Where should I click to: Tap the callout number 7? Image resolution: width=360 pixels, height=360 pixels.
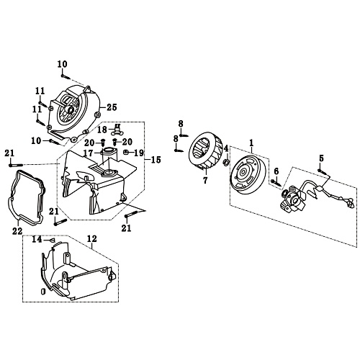tap(204, 180)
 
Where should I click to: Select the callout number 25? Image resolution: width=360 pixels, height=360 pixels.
tap(112, 107)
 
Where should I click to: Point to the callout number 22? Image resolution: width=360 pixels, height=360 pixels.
tap(17, 230)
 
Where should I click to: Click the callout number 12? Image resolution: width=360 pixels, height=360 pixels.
tap(91, 238)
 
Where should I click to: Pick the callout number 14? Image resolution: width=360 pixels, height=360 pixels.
tap(37, 238)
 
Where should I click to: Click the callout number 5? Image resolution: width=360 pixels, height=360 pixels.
tap(321, 158)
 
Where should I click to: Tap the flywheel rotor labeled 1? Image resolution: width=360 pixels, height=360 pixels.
tap(249, 176)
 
